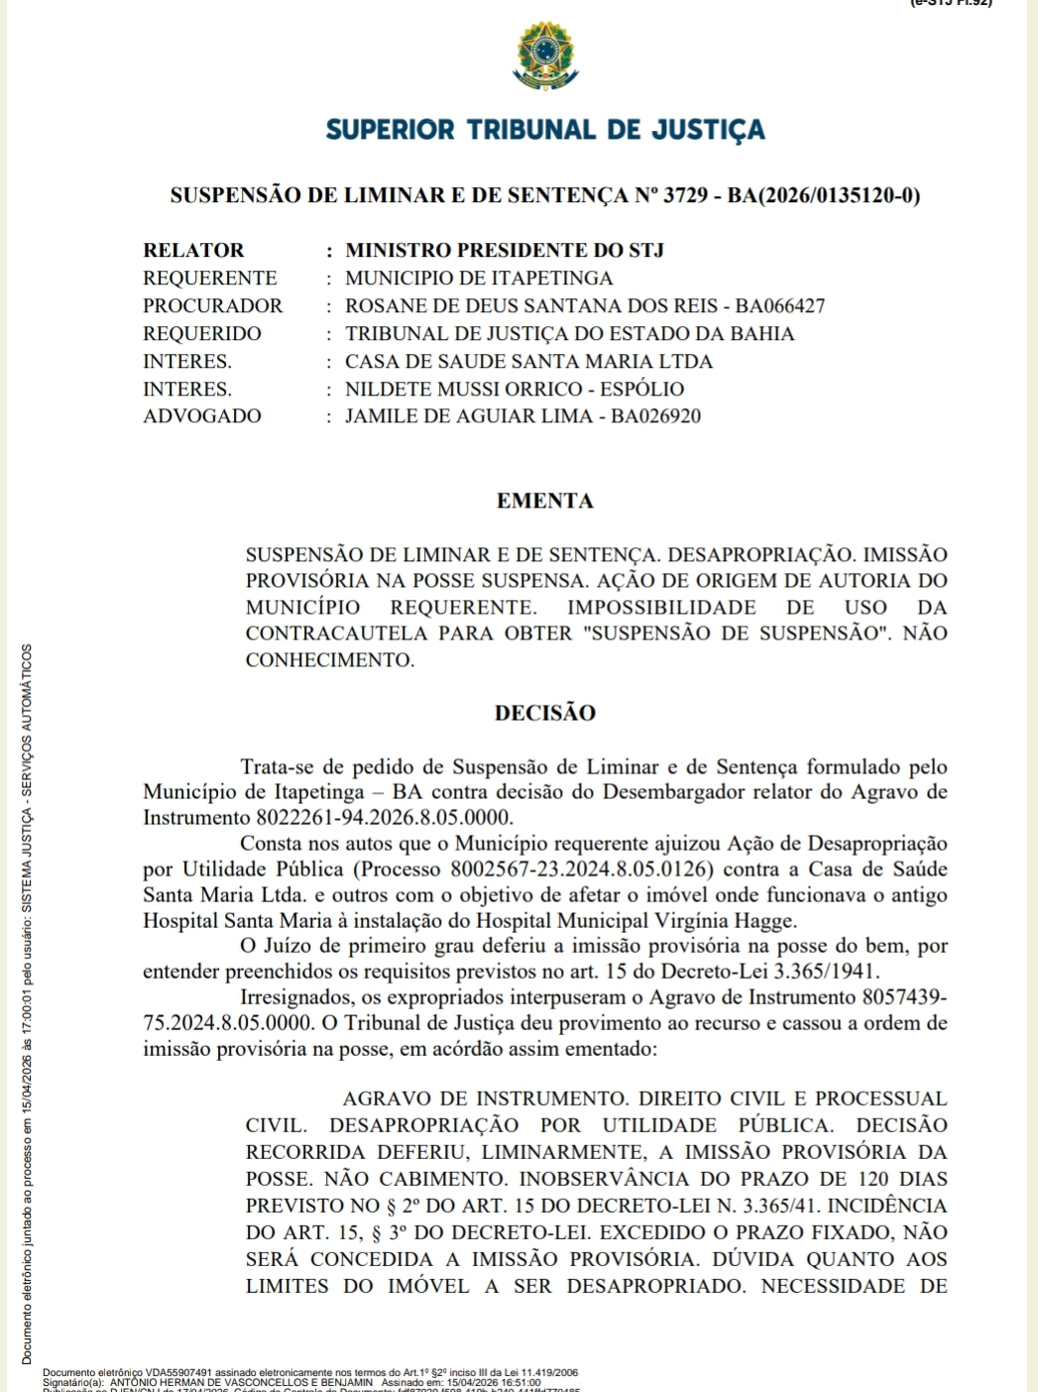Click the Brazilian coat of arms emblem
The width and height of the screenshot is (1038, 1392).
pyautogui.click(x=544, y=58)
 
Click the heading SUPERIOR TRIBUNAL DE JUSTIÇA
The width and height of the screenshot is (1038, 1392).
pyautogui.click(x=545, y=130)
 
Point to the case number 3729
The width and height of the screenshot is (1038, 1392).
pyautogui.click(x=685, y=195)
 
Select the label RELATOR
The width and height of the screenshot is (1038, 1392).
pyautogui.click(x=193, y=250)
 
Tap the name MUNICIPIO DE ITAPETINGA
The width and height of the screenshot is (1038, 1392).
pyautogui.click(x=479, y=278)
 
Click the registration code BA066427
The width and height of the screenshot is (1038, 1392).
pyautogui.click(x=779, y=305)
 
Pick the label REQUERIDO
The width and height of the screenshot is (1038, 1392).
pyautogui.click(x=202, y=333)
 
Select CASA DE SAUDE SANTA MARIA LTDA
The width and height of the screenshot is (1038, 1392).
pyautogui.click(x=528, y=361)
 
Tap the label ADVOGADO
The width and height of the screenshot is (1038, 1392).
pyautogui.click(x=202, y=415)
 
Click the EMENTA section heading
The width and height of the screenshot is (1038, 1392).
pyautogui.click(x=545, y=501)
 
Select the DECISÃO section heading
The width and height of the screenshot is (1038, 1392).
pyautogui.click(x=545, y=713)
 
